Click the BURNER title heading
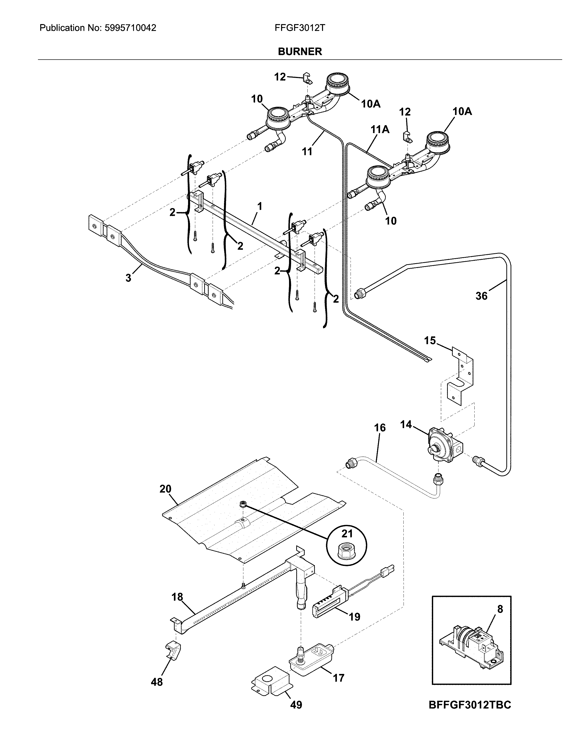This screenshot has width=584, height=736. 299,52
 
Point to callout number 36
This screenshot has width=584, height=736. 481,296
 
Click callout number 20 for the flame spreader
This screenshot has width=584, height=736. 165,489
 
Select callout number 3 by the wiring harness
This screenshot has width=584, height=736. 128,278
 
